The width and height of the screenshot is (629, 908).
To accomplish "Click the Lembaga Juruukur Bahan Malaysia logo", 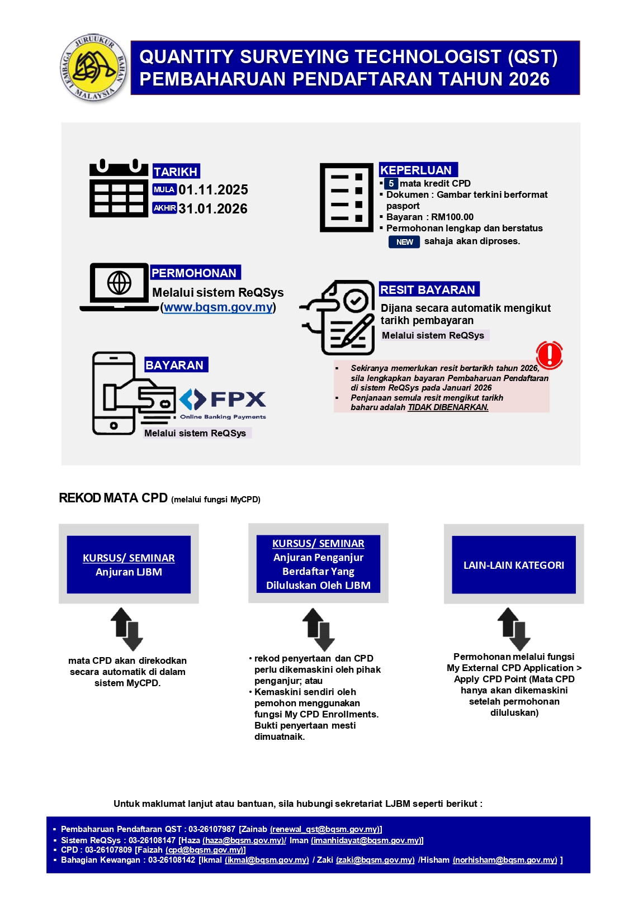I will tap(93, 68).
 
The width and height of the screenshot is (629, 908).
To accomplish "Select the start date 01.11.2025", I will tap(213, 190).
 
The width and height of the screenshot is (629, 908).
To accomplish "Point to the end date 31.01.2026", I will tap(213, 209).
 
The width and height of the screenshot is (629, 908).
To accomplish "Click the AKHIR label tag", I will tap(164, 208).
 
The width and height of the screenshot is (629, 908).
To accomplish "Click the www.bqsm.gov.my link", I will tap(218, 307).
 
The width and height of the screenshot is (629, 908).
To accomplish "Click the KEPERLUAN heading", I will tap(417, 170).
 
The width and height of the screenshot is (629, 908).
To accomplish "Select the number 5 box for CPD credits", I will tap(391, 183).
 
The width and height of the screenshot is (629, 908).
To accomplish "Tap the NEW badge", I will tap(404, 242).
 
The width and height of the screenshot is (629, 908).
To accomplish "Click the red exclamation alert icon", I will tap(549, 355).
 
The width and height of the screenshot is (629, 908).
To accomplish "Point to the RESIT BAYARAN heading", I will tap(428, 289).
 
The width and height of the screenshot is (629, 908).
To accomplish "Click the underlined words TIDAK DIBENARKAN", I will tap(448, 407).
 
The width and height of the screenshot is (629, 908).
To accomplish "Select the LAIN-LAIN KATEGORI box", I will tap(513, 565).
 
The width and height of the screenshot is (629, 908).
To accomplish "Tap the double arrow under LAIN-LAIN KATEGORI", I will tap(514, 629).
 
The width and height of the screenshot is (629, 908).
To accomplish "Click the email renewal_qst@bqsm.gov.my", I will tap(325, 829).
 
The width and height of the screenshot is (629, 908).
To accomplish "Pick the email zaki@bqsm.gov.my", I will tap(375, 860).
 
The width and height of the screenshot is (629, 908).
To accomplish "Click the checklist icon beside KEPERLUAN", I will tap(346, 197).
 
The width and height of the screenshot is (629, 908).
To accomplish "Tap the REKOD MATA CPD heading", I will tap(113, 498).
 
